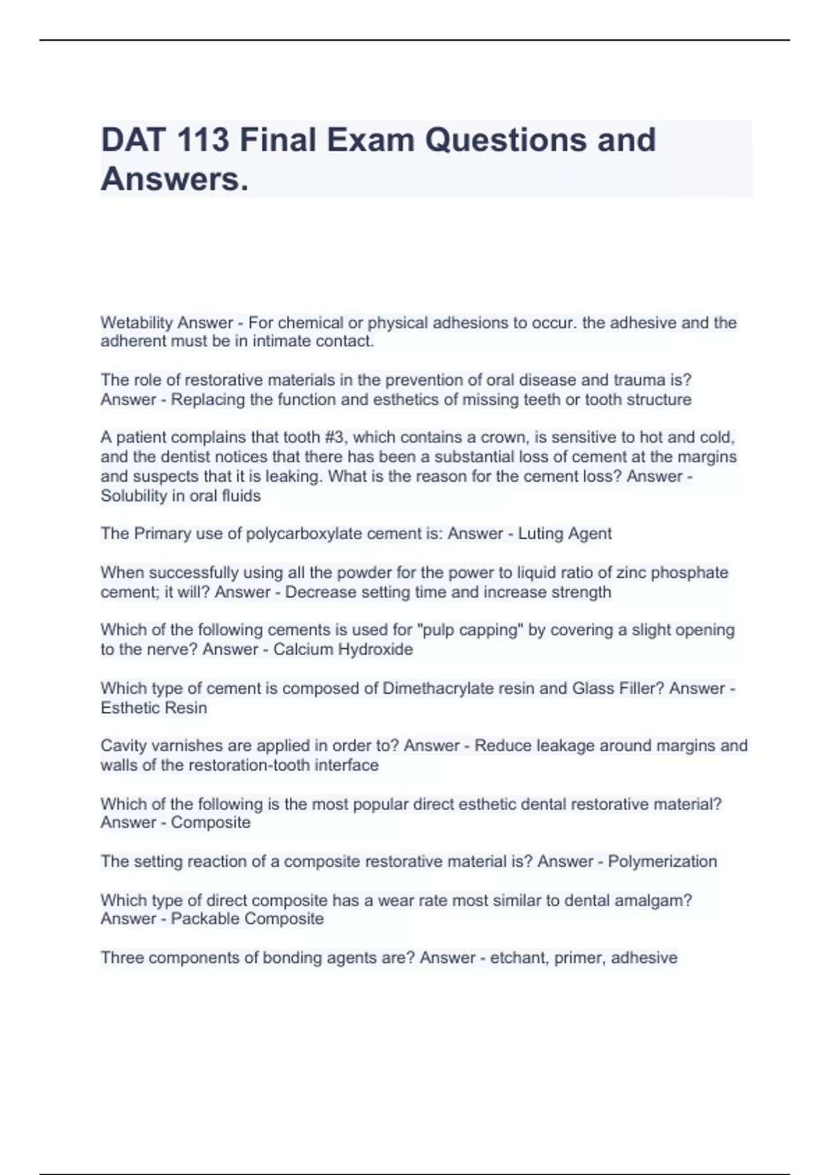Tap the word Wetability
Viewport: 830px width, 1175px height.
click(136, 323)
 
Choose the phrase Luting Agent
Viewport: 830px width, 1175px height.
click(564, 534)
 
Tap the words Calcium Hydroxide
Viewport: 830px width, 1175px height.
click(342, 649)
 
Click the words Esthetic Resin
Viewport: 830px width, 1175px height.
click(154, 708)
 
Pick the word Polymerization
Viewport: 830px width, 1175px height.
click(662, 861)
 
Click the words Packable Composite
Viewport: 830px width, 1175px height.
click(247, 919)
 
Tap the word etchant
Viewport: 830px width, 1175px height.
click(517, 958)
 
